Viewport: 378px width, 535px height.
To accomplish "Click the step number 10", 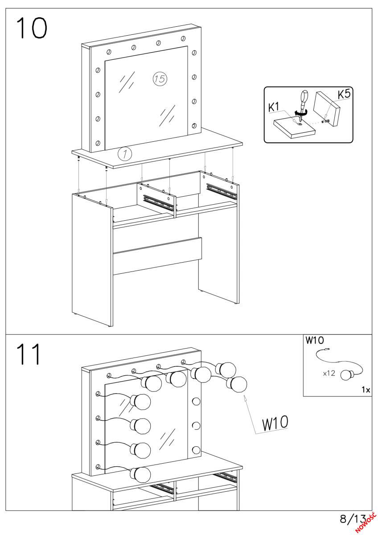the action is [32, 28].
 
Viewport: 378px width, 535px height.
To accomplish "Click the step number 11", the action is [29, 354].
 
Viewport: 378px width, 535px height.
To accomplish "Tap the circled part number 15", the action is [160, 78].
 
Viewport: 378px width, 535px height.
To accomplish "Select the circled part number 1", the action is [125, 154].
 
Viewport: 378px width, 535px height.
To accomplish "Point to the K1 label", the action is [274, 107].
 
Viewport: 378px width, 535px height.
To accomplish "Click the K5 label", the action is [344, 94].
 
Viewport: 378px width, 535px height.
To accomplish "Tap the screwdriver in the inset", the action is [303, 106].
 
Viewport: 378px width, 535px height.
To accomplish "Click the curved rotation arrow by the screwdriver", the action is [300, 113].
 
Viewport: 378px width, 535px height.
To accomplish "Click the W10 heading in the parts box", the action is [315, 340].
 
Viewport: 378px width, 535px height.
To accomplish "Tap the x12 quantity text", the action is [329, 373].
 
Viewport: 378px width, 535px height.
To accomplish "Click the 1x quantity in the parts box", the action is [366, 390].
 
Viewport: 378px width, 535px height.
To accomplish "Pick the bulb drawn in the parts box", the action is [348, 374].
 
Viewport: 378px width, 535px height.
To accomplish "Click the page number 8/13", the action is [353, 519].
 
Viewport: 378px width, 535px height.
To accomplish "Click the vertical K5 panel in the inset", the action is [326, 109].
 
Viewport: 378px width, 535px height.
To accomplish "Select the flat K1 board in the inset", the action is [294, 128].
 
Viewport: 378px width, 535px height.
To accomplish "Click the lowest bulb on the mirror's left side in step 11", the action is [141, 474].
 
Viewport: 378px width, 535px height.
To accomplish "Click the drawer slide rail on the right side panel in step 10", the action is [222, 191].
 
